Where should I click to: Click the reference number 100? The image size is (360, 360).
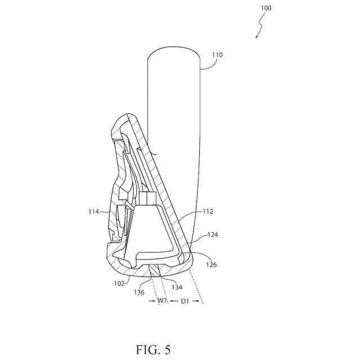[265, 8]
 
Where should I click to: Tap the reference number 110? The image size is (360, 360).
[217, 55]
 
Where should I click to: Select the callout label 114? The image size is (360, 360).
[93, 211]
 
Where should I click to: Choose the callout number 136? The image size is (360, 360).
[139, 292]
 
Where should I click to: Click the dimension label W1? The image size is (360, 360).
[161, 301]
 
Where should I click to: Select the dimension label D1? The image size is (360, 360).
[184, 301]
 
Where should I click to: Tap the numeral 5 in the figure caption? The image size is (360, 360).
[167, 349]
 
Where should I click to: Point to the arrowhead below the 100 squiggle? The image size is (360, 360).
[256, 36]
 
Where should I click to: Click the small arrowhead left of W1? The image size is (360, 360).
[152, 301]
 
